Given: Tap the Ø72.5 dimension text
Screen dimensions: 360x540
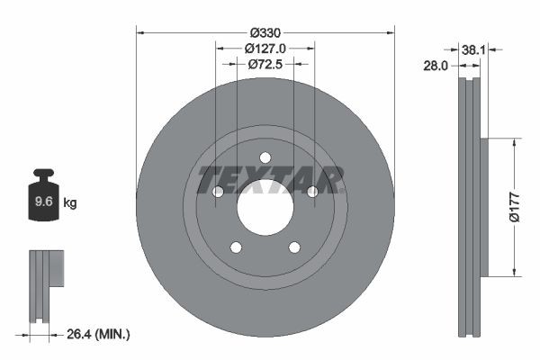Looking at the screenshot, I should (265, 64).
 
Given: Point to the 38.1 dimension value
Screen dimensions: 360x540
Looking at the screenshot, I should (473, 50).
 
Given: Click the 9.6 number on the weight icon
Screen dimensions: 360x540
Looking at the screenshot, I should (42, 203).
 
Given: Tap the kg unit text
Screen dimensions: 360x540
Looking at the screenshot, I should (70, 203).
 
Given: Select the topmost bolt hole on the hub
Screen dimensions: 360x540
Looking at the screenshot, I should (265, 158).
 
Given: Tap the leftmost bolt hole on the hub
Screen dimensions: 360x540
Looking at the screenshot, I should (218, 192).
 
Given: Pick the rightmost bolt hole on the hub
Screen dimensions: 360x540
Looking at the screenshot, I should (312, 192).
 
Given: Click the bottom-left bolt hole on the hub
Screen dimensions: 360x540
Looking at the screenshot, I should (236, 247).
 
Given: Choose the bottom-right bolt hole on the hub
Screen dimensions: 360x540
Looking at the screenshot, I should (294, 247).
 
